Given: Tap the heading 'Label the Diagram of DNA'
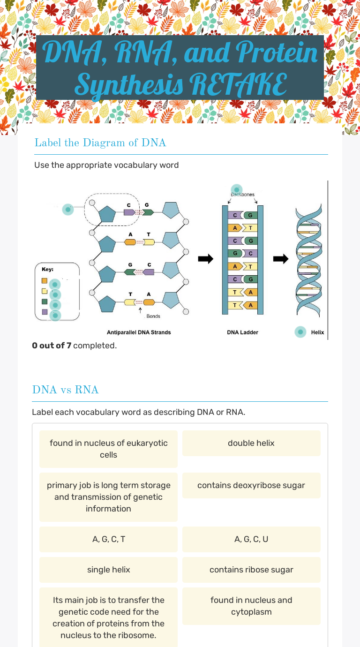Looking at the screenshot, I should pos(100,143).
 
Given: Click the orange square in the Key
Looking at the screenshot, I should pos(45,281).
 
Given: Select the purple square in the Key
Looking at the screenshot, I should pos(45,312).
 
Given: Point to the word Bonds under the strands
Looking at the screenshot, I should pos(153,316).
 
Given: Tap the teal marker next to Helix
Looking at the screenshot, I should pos(300,332).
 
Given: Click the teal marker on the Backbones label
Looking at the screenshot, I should pos(237,189).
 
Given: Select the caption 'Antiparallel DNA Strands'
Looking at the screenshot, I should pos(139,332).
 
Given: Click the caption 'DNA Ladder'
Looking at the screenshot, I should pos(242,332).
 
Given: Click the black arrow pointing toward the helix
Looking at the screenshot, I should pos(281,259).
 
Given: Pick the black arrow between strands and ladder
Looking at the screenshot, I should pos(205,259).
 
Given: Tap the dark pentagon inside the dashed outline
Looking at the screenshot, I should pos(108,214).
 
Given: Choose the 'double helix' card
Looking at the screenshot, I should pos(251,443).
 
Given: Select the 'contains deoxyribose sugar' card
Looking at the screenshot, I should pos(251,485).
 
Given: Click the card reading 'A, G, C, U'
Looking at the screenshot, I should pos(251,539).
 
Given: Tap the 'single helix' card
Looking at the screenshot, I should pos(108,570).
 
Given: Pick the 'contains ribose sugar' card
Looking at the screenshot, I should pos(251,570).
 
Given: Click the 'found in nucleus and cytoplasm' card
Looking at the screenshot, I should pos(251,606).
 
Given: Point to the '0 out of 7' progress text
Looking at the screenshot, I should pos(52,346).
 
